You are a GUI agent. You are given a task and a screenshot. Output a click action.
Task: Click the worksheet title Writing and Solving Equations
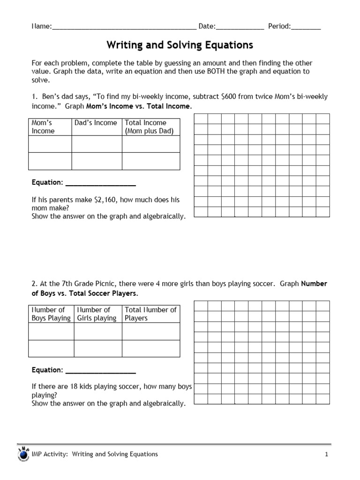tap(180, 45)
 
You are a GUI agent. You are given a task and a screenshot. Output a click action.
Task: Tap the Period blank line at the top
tap(306, 28)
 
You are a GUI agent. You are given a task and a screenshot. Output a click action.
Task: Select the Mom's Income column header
tap(43, 127)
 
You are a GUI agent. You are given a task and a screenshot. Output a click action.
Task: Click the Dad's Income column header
tap(96, 123)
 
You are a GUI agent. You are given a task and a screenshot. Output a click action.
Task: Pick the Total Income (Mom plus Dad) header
tap(149, 127)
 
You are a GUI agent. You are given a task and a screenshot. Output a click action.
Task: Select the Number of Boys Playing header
tap(51, 314)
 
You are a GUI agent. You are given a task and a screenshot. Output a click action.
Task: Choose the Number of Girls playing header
tap(97, 314)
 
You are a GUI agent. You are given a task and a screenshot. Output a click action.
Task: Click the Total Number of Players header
tap(150, 314)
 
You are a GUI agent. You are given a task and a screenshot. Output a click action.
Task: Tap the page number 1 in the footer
tap(326, 454)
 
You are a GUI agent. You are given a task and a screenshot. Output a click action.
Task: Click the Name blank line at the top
tap(124, 28)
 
